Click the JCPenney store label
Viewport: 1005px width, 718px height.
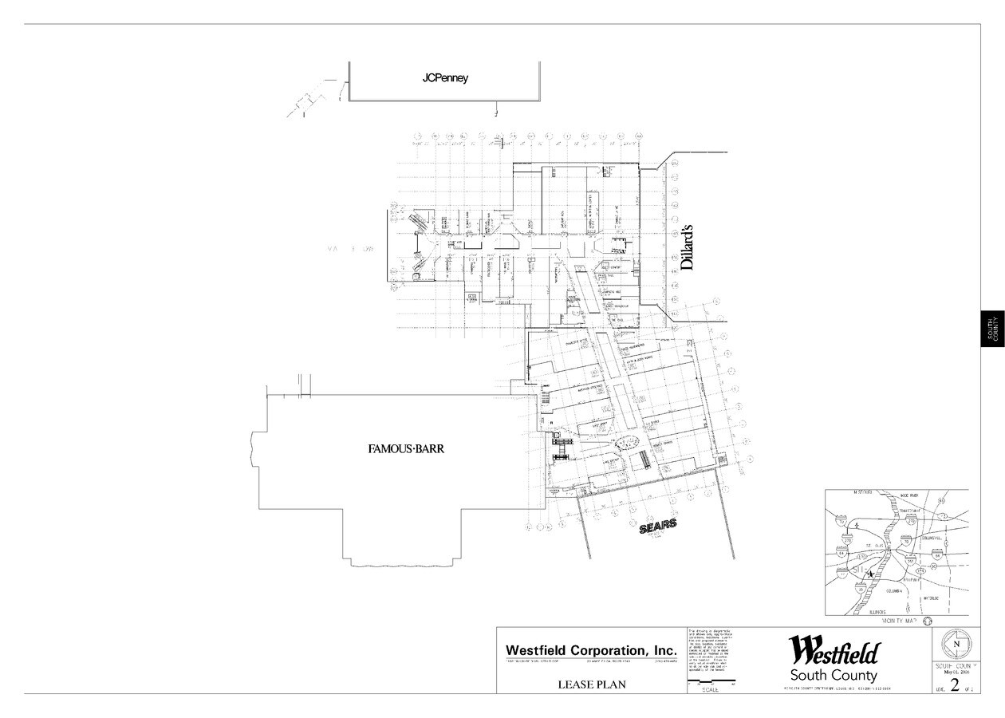pyautogui.click(x=445, y=79)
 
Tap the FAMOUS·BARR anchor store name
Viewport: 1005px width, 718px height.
pyautogui.click(x=405, y=449)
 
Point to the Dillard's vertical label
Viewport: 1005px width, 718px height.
pyautogui.click(x=688, y=248)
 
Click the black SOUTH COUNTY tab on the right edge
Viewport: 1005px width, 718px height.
pyautogui.click(x=992, y=328)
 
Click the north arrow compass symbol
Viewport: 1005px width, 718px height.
pyautogui.click(x=956, y=645)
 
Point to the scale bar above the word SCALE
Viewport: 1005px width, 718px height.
pyautogui.click(x=711, y=684)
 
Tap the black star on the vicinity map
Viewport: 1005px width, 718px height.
pyautogui.click(x=869, y=573)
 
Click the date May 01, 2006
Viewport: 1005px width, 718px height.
pyautogui.click(x=956, y=672)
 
